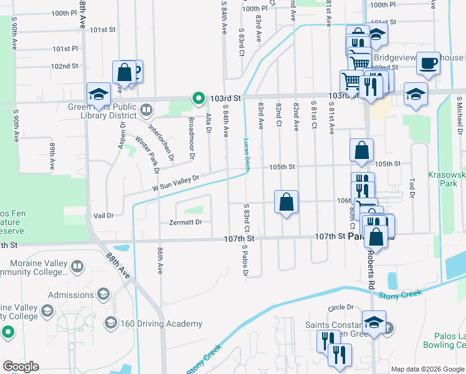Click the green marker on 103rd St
pos(198,98)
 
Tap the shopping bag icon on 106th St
pos(286,202)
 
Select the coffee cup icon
pos(428,64)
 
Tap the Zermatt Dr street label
pos(186,222)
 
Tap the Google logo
pos(21,367)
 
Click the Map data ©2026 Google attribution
pos(427,369)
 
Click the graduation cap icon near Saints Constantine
pos(373,322)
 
